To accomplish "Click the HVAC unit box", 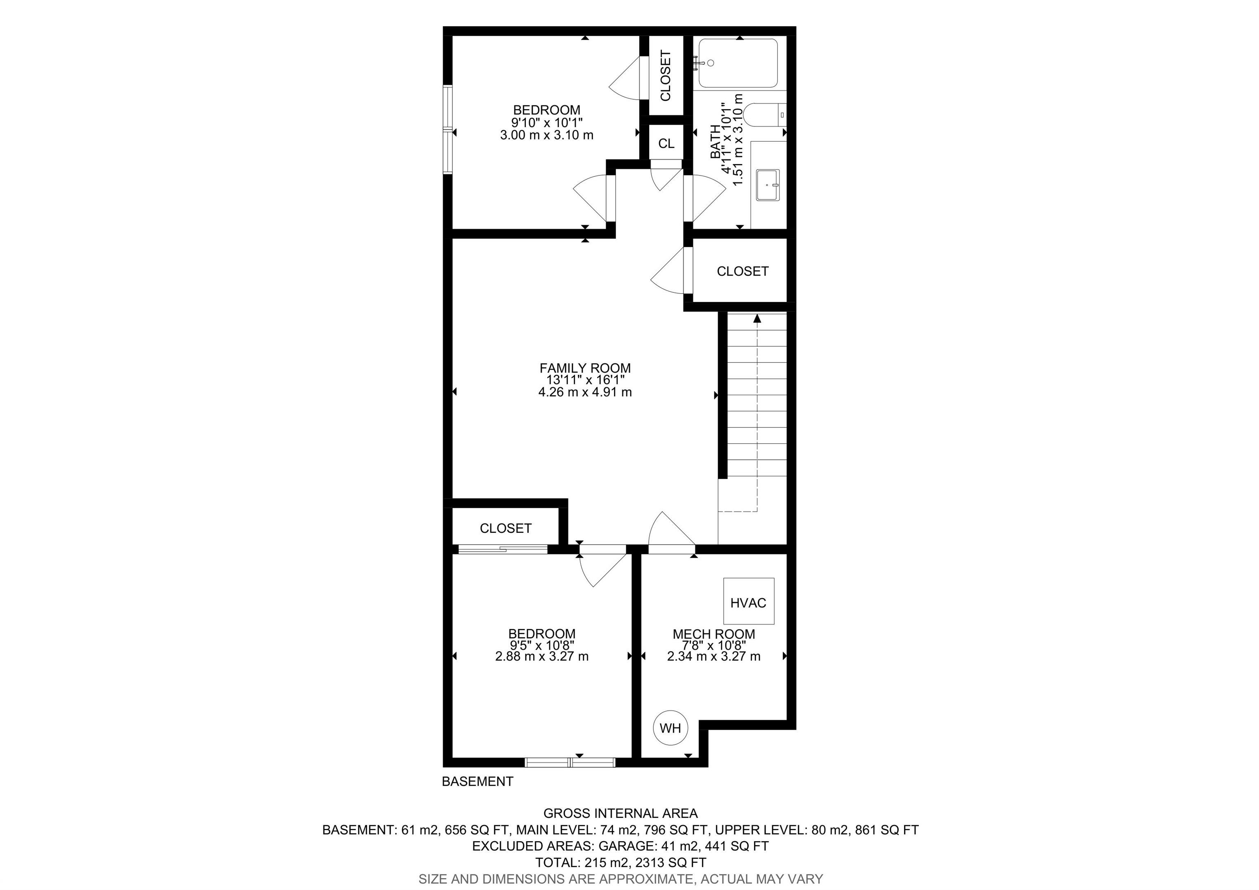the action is tap(748, 601).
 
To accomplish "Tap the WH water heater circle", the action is tap(670, 728).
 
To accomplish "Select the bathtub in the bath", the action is tap(738, 63).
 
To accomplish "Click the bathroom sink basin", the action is tap(767, 185).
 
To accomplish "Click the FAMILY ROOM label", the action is tap(585, 368).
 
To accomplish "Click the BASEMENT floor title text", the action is tap(477, 781).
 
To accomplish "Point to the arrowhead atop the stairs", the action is tap(757, 318).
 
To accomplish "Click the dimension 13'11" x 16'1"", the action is tap(585, 380).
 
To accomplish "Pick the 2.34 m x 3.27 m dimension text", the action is tap(714, 656).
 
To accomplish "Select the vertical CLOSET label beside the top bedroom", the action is tap(666, 76).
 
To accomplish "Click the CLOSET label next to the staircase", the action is tap(743, 271).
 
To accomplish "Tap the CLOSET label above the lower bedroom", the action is tap(506, 528).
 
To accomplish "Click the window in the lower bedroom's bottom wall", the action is tap(570, 762).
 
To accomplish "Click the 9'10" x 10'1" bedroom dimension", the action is tap(547, 122).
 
